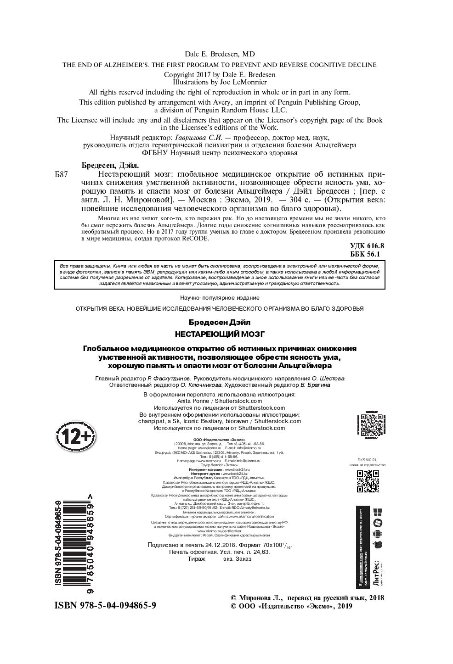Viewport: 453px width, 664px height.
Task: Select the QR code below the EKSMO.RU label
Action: coord(368,481)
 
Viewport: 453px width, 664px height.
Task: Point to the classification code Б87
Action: coord(61,175)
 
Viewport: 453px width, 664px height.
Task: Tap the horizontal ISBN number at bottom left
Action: coord(105,606)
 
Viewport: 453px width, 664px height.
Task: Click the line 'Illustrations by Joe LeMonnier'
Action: coord(220,82)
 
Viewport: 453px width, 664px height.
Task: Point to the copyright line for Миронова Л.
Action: coord(306,598)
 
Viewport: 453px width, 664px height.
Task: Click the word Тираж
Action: coord(197,559)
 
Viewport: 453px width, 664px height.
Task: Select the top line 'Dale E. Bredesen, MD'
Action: coord(220,54)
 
